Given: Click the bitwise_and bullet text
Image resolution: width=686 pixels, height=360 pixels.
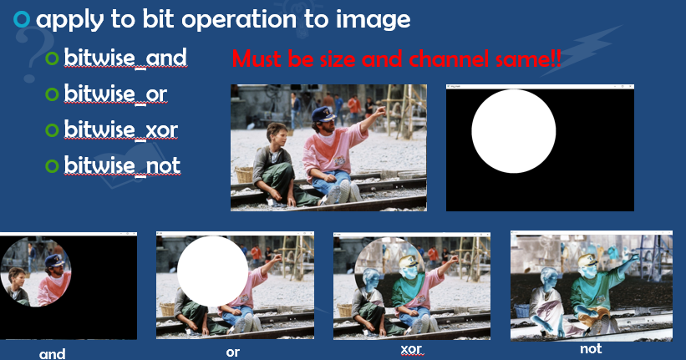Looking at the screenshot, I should [124, 58].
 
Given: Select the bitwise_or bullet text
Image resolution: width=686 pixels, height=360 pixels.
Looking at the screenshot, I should [115, 94].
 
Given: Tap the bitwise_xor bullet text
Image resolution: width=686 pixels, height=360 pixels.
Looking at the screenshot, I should [120, 129].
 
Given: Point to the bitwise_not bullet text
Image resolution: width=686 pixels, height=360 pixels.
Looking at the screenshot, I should [122, 165].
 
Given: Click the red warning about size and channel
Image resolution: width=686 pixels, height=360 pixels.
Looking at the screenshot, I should [397, 60].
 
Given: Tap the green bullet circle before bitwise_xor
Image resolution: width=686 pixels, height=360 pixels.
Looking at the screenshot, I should [53, 130].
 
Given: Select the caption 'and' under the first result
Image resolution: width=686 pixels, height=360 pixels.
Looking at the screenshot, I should [53, 353].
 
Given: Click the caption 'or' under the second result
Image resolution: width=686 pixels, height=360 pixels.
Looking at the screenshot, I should [233, 352].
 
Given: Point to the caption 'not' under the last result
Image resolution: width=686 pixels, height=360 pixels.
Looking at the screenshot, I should [591, 348].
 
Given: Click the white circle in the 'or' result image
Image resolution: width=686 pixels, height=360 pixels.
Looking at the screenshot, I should [212, 271].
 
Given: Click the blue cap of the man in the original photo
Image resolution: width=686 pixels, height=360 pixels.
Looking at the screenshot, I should [322, 114].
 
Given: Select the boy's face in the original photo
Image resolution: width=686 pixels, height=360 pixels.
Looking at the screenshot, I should [275, 134].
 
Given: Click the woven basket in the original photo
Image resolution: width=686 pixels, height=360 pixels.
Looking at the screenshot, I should [244, 174].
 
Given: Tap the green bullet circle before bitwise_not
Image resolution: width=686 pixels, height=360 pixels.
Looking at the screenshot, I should [53, 165].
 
